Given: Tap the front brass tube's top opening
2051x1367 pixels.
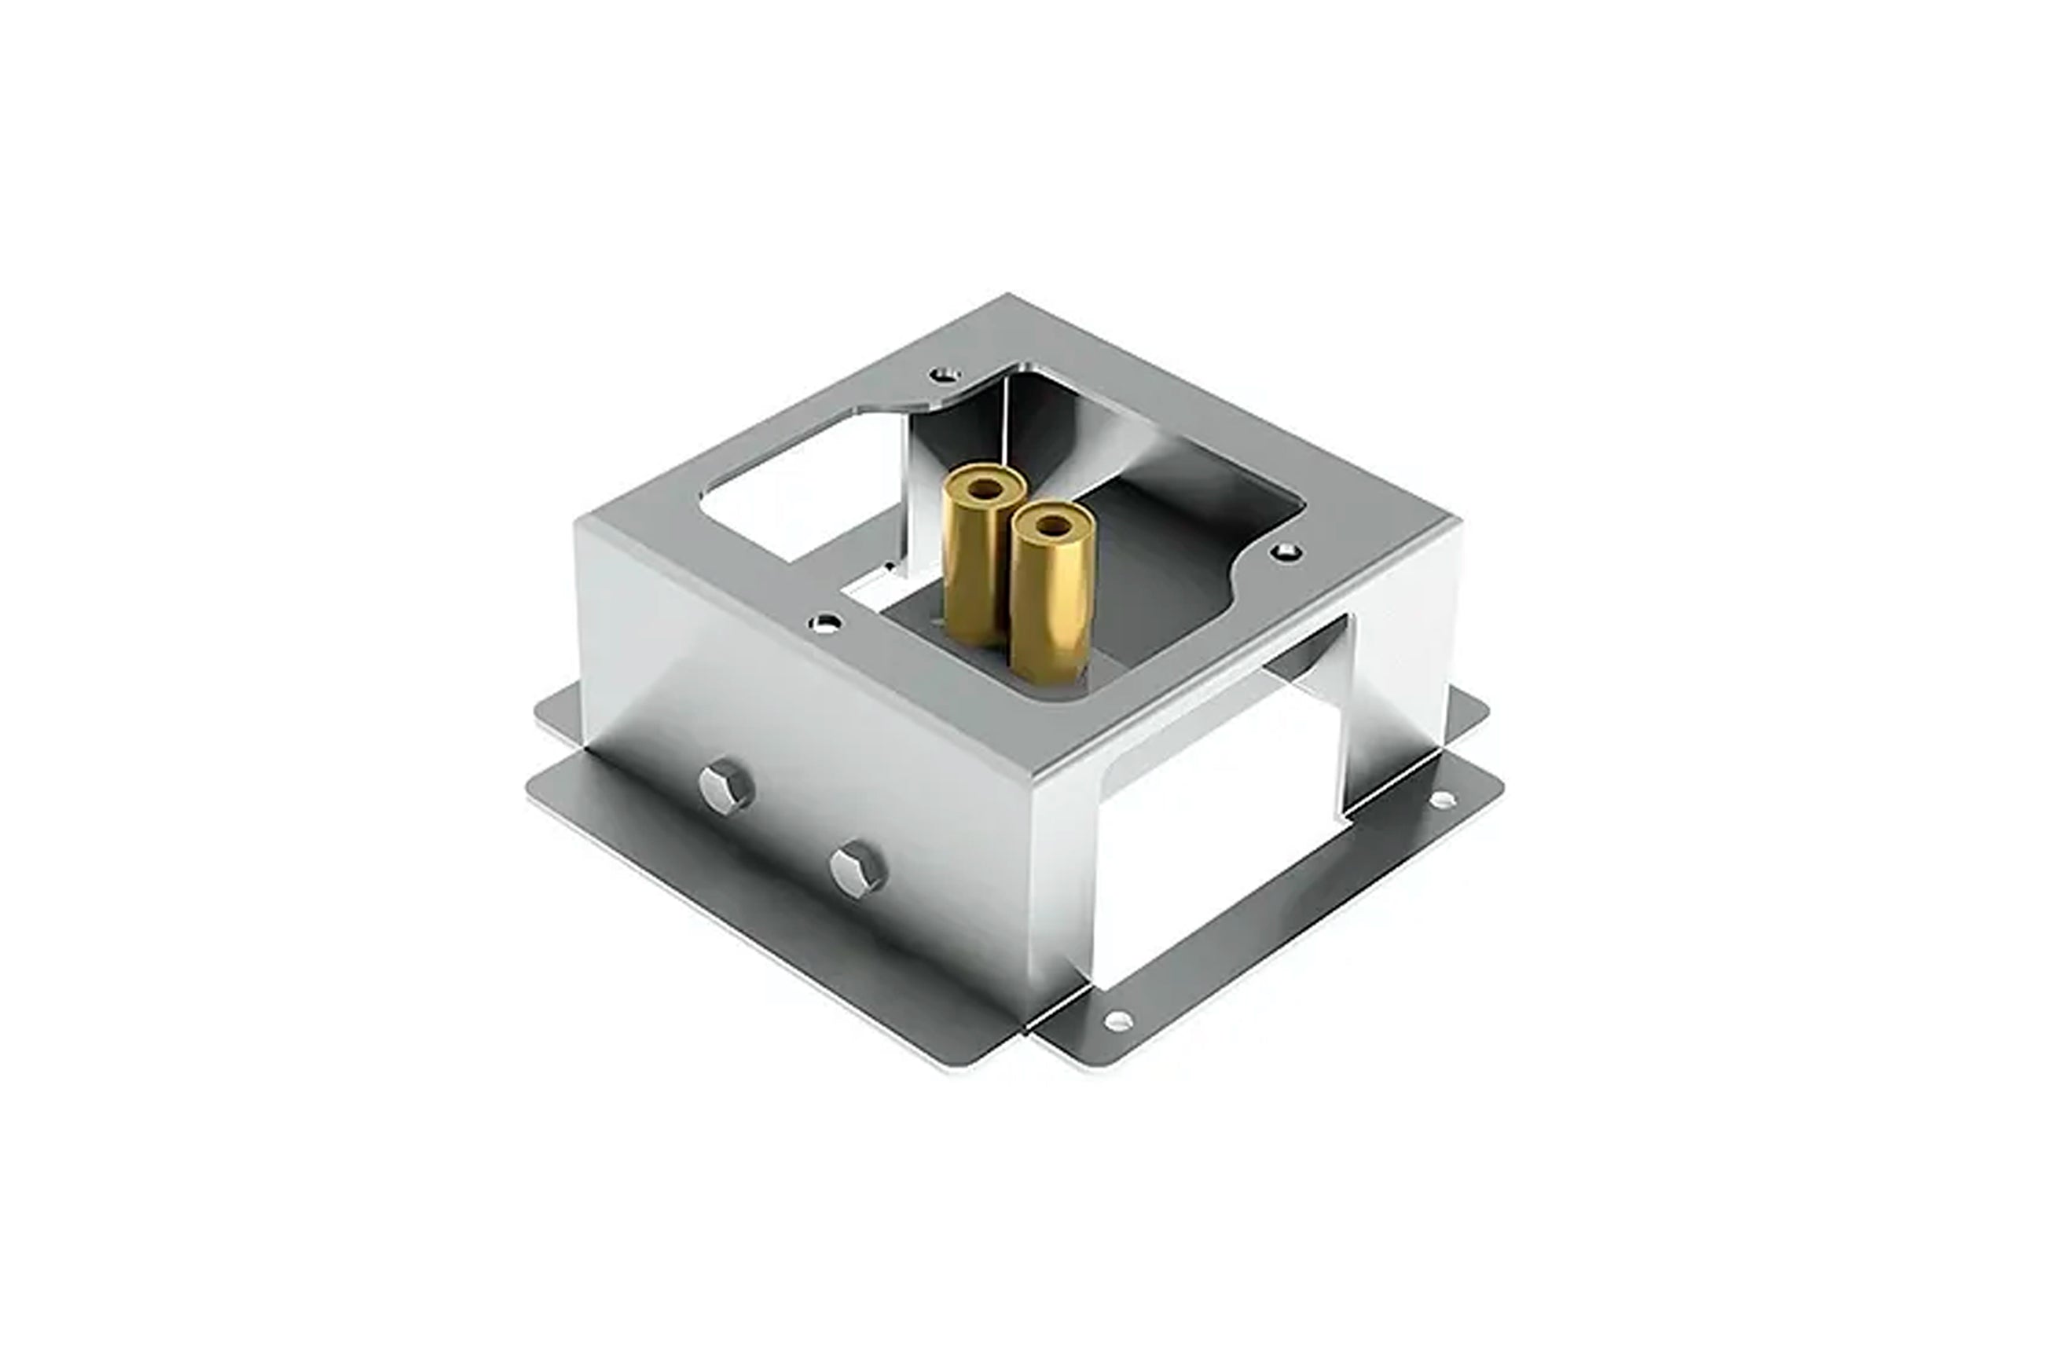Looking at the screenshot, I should point(1052,526).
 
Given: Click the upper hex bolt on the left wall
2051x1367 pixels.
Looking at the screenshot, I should point(725,786).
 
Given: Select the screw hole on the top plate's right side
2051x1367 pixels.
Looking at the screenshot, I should point(1286,551).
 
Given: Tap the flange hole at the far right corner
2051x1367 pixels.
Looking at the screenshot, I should point(1442,798).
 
